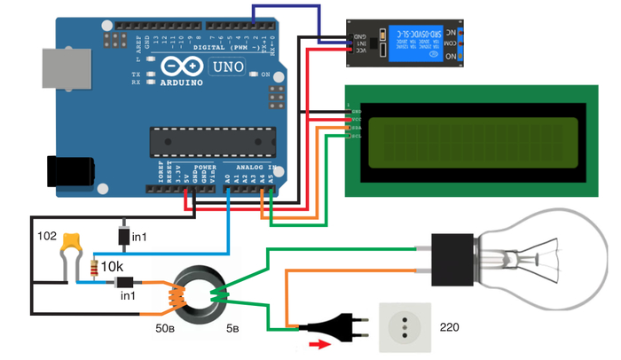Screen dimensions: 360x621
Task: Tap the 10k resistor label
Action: [113, 266]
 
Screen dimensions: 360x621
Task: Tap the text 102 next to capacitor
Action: [47, 237]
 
